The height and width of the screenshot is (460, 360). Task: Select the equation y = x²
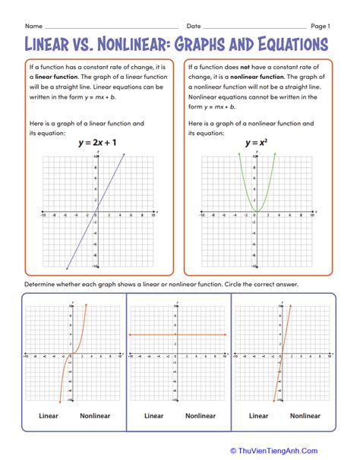(x=255, y=142)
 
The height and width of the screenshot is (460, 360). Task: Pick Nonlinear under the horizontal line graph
(x=201, y=416)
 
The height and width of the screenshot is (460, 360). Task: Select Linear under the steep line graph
(x=258, y=416)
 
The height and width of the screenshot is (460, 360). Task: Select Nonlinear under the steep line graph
(x=305, y=416)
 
